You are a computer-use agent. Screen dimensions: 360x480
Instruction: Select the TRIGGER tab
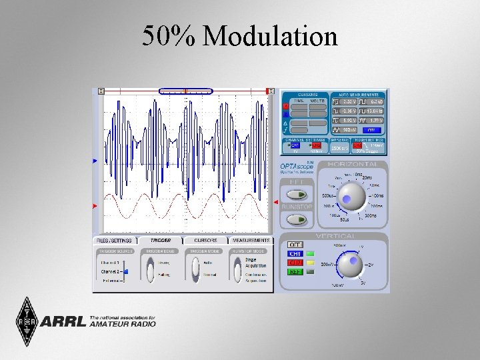tap(160, 240)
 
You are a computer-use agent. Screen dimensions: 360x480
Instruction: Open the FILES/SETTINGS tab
tap(115, 240)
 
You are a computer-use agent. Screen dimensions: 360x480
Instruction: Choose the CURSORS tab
tap(205, 240)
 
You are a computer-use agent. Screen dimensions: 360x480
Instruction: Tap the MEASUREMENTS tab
tap(251, 240)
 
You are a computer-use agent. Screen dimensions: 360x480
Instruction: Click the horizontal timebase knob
tap(351, 196)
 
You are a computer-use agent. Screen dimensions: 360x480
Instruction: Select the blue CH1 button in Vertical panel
tap(295, 254)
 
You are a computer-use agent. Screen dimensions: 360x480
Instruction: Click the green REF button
tap(295, 271)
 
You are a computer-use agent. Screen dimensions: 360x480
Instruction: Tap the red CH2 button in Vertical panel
tap(295, 263)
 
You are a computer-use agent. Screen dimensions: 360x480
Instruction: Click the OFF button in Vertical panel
tap(295, 245)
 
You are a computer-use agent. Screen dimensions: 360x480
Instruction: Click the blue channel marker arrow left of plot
tap(95, 160)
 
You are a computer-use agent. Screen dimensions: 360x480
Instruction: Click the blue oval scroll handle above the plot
tap(186, 91)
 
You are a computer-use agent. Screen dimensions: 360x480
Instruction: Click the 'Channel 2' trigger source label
tap(111, 272)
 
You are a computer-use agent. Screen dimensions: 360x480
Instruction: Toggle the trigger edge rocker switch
tap(150, 269)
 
